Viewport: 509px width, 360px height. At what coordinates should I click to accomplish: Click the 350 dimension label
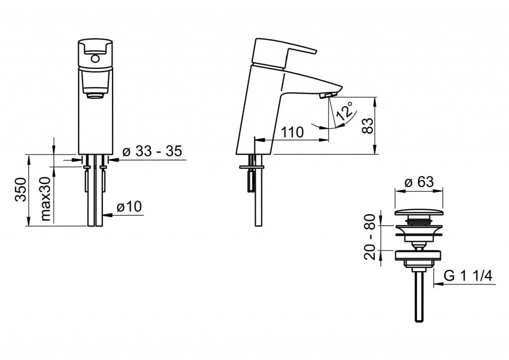tap(21, 189)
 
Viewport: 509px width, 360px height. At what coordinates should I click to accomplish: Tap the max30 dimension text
tap(45, 199)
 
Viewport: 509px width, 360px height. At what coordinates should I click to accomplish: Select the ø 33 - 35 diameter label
tap(152, 151)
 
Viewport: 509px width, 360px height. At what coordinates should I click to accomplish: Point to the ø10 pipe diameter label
tap(129, 206)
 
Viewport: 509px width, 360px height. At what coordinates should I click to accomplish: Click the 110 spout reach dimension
tap(292, 132)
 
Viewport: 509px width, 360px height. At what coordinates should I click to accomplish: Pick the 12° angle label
tap(345, 111)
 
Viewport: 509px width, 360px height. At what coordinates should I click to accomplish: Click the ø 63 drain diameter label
tap(419, 182)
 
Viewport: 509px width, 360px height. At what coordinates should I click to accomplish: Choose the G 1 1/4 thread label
tap(468, 276)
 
